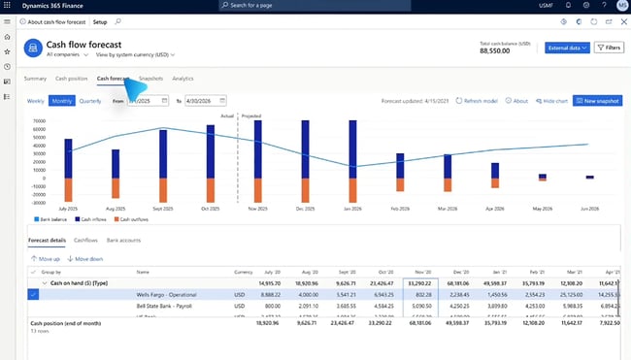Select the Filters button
point(609,47)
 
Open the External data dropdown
point(567,47)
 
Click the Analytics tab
point(183,78)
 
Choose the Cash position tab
point(71,78)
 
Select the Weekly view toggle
point(35,100)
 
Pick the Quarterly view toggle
point(90,100)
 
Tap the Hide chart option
point(552,100)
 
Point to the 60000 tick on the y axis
point(39,121)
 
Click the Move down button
point(86,259)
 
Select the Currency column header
point(243,273)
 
